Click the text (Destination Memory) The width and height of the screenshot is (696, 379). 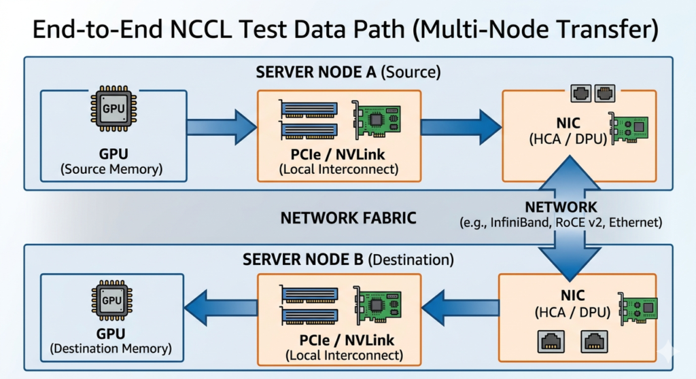pyautogui.click(x=111, y=348)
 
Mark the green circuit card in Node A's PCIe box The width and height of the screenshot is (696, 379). pyautogui.click(x=375, y=120)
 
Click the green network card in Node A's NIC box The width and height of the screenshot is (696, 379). pyautogui.click(x=629, y=128)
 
